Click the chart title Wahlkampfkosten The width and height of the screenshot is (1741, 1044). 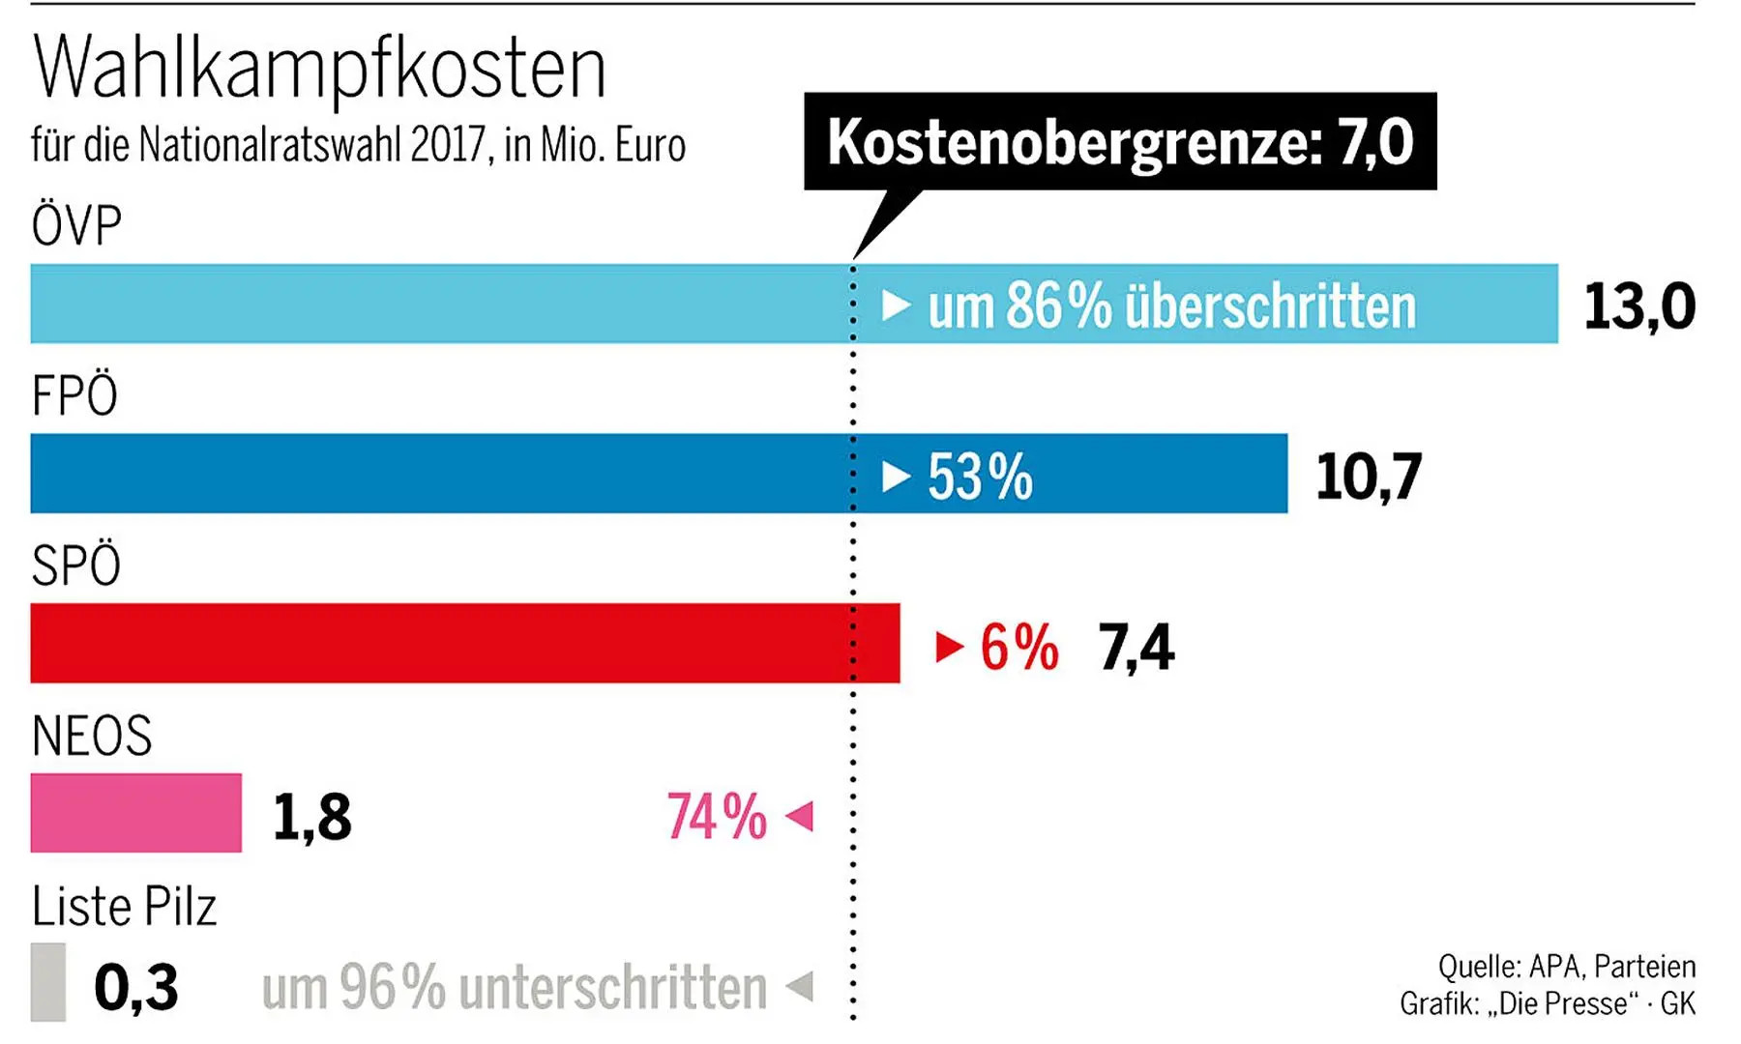[x=319, y=68]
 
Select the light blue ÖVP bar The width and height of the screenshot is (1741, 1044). [x=435, y=304]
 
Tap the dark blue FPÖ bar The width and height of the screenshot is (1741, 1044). [x=435, y=474]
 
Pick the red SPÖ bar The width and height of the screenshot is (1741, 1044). [x=435, y=643]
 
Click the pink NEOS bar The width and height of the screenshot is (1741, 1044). [x=135, y=813]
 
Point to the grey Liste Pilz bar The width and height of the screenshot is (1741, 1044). [x=48, y=982]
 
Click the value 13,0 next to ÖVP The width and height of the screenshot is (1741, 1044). [x=1638, y=306]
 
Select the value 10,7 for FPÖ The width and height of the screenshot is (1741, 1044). [x=1368, y=477]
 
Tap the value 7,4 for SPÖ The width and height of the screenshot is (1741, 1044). [x=1136, y=647]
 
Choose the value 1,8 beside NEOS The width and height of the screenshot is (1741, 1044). [x=311, y=817]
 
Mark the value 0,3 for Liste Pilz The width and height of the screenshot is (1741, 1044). [x=136, y=987]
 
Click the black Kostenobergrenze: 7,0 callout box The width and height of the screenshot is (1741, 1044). [x=1120, y=141]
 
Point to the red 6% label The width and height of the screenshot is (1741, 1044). [x=1019, y=647]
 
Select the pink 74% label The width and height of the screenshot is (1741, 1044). [x=717, y=817]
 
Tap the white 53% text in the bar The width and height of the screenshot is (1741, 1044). [x=980, y=477]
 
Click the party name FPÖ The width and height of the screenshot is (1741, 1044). [x=74, y=395]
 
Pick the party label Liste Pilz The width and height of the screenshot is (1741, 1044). [x=124, y=907]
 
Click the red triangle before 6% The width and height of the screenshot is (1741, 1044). [x=950, y=647]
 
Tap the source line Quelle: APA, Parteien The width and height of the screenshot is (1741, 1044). [x=1566, y=966]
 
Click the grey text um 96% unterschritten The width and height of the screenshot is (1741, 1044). [x=514, y=988]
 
